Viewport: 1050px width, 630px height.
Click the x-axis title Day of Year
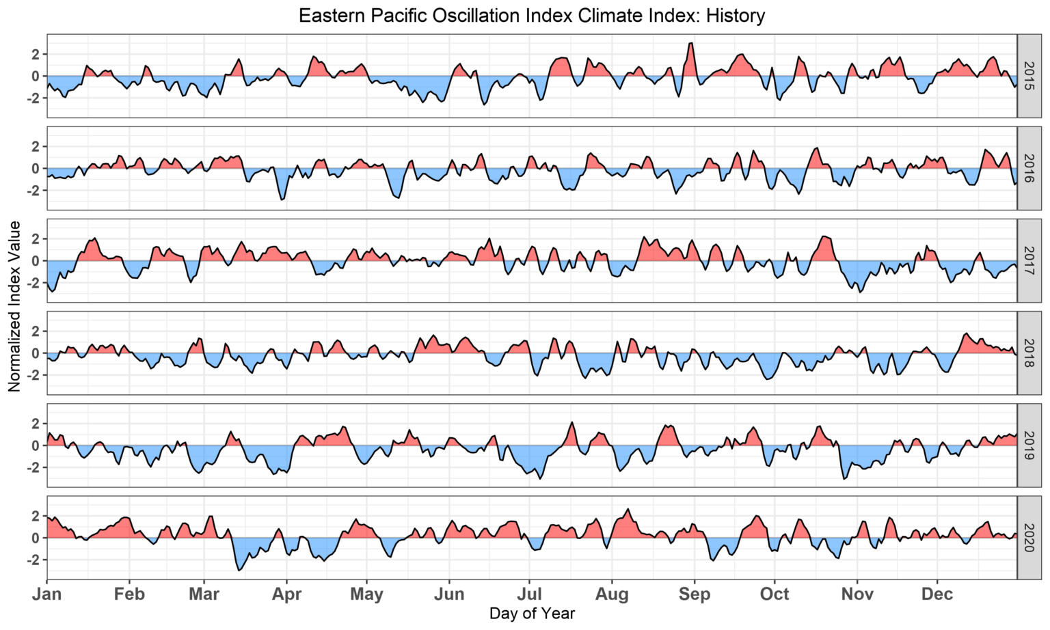pyautogui.click(x=532, y=614)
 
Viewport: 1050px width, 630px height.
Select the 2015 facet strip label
pyautogui.click(x=1029, y=76)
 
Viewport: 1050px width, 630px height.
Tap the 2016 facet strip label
pyautogui.click(x=1029, y=168)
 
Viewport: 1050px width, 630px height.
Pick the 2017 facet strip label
pyautogui.click(x=1029, y=261)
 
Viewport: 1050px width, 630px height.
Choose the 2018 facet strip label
pyautogui.click(x=1029, y=353)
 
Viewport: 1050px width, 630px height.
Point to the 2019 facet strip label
pyautogui.click(x=1029, y=446)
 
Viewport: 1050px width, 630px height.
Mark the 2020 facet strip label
pyautogui.click(x=1029, y=538)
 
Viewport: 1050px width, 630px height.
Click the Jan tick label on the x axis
pyautogui.click(x=47, y=594)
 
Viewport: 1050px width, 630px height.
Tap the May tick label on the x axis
pyautogui.click(x=366, y=594)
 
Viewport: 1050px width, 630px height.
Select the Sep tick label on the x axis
pyautogui.click(x=694, y=594)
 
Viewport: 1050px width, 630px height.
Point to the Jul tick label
pyautogui.click(x=528, y=594)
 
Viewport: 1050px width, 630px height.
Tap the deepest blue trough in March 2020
pyautogui.click(x=239, y=569)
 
